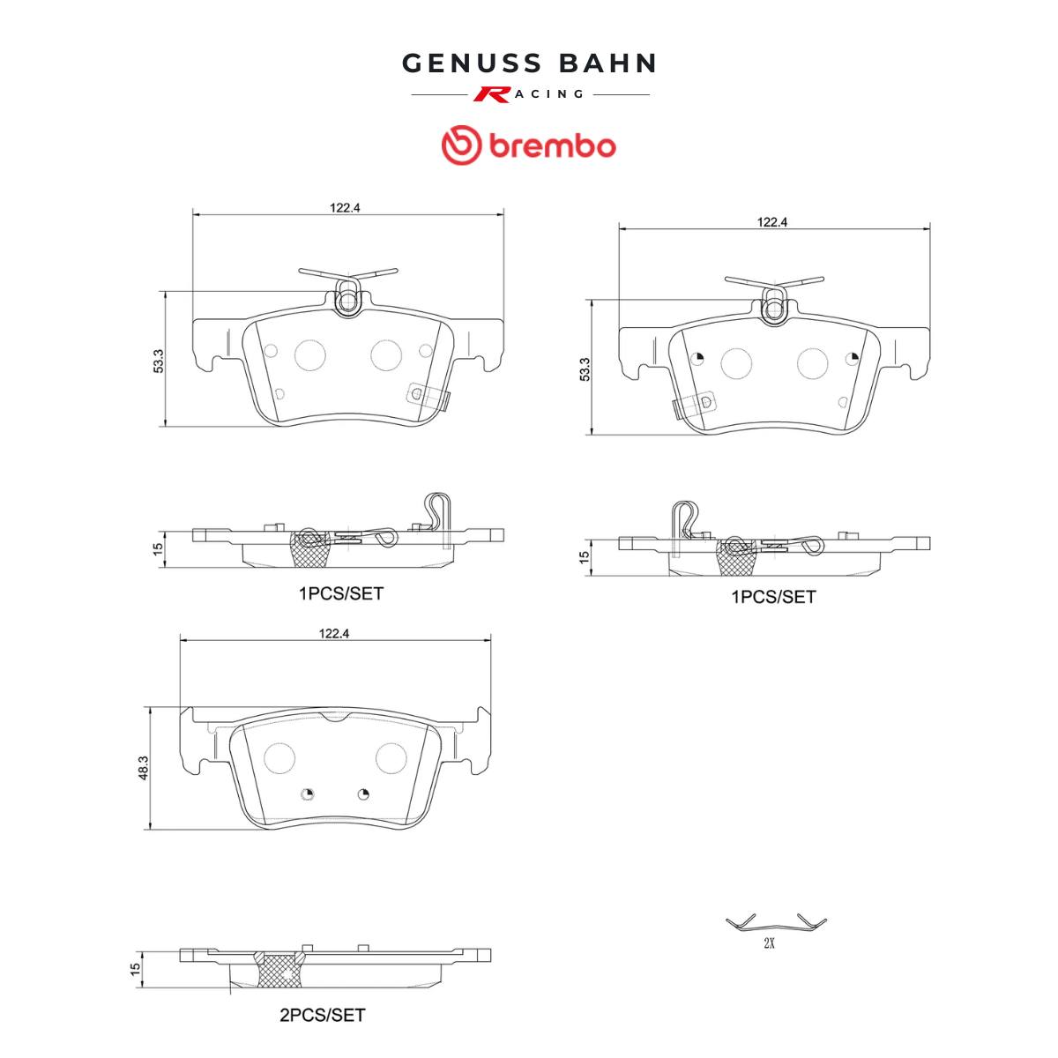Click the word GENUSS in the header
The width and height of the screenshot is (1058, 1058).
pyautogui.click(x=473, y=63)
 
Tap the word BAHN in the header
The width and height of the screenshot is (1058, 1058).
pyautogui.click(x=607, y=63)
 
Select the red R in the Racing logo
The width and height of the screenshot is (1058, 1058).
pyautogui.click(x=491, y=94)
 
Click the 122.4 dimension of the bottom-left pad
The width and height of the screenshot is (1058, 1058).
pyautogui.click(x=334, y=634)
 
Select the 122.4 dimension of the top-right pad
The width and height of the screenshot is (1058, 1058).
pyautogui.click(x=772, y=222)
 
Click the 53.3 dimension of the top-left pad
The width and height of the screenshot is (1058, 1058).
pyautogui.click(x=158, y=361)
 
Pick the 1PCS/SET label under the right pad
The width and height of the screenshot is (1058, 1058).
pyautogui.click(x=773, y=597)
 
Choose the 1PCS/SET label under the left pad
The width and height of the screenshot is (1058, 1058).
pyautogui.click(x=341, y=593)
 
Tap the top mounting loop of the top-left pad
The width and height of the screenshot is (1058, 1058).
pyautogui.click(x=347, y=298)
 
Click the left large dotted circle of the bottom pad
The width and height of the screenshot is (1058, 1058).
pyautogui.click(x=279, y=758)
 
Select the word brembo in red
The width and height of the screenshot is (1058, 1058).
pyautogui.click(x=552, y=145)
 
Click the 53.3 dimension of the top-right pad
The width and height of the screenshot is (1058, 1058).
pyautogui.click(x=585, y=369)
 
